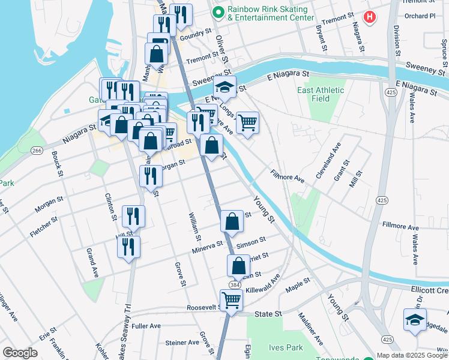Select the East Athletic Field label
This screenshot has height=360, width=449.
pos(321,95)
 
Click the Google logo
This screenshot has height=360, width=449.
pos(20,353)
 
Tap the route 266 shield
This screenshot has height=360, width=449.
pos(37,151)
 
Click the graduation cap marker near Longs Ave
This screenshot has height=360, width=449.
pos(225,88)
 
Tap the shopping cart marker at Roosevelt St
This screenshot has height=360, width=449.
pos(231,300)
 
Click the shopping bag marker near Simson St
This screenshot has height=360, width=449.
pos(232,221)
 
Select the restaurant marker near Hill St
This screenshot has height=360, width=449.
pos(128,247)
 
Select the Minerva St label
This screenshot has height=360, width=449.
pos(208,247)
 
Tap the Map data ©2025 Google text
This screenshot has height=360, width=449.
pos(412,355)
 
